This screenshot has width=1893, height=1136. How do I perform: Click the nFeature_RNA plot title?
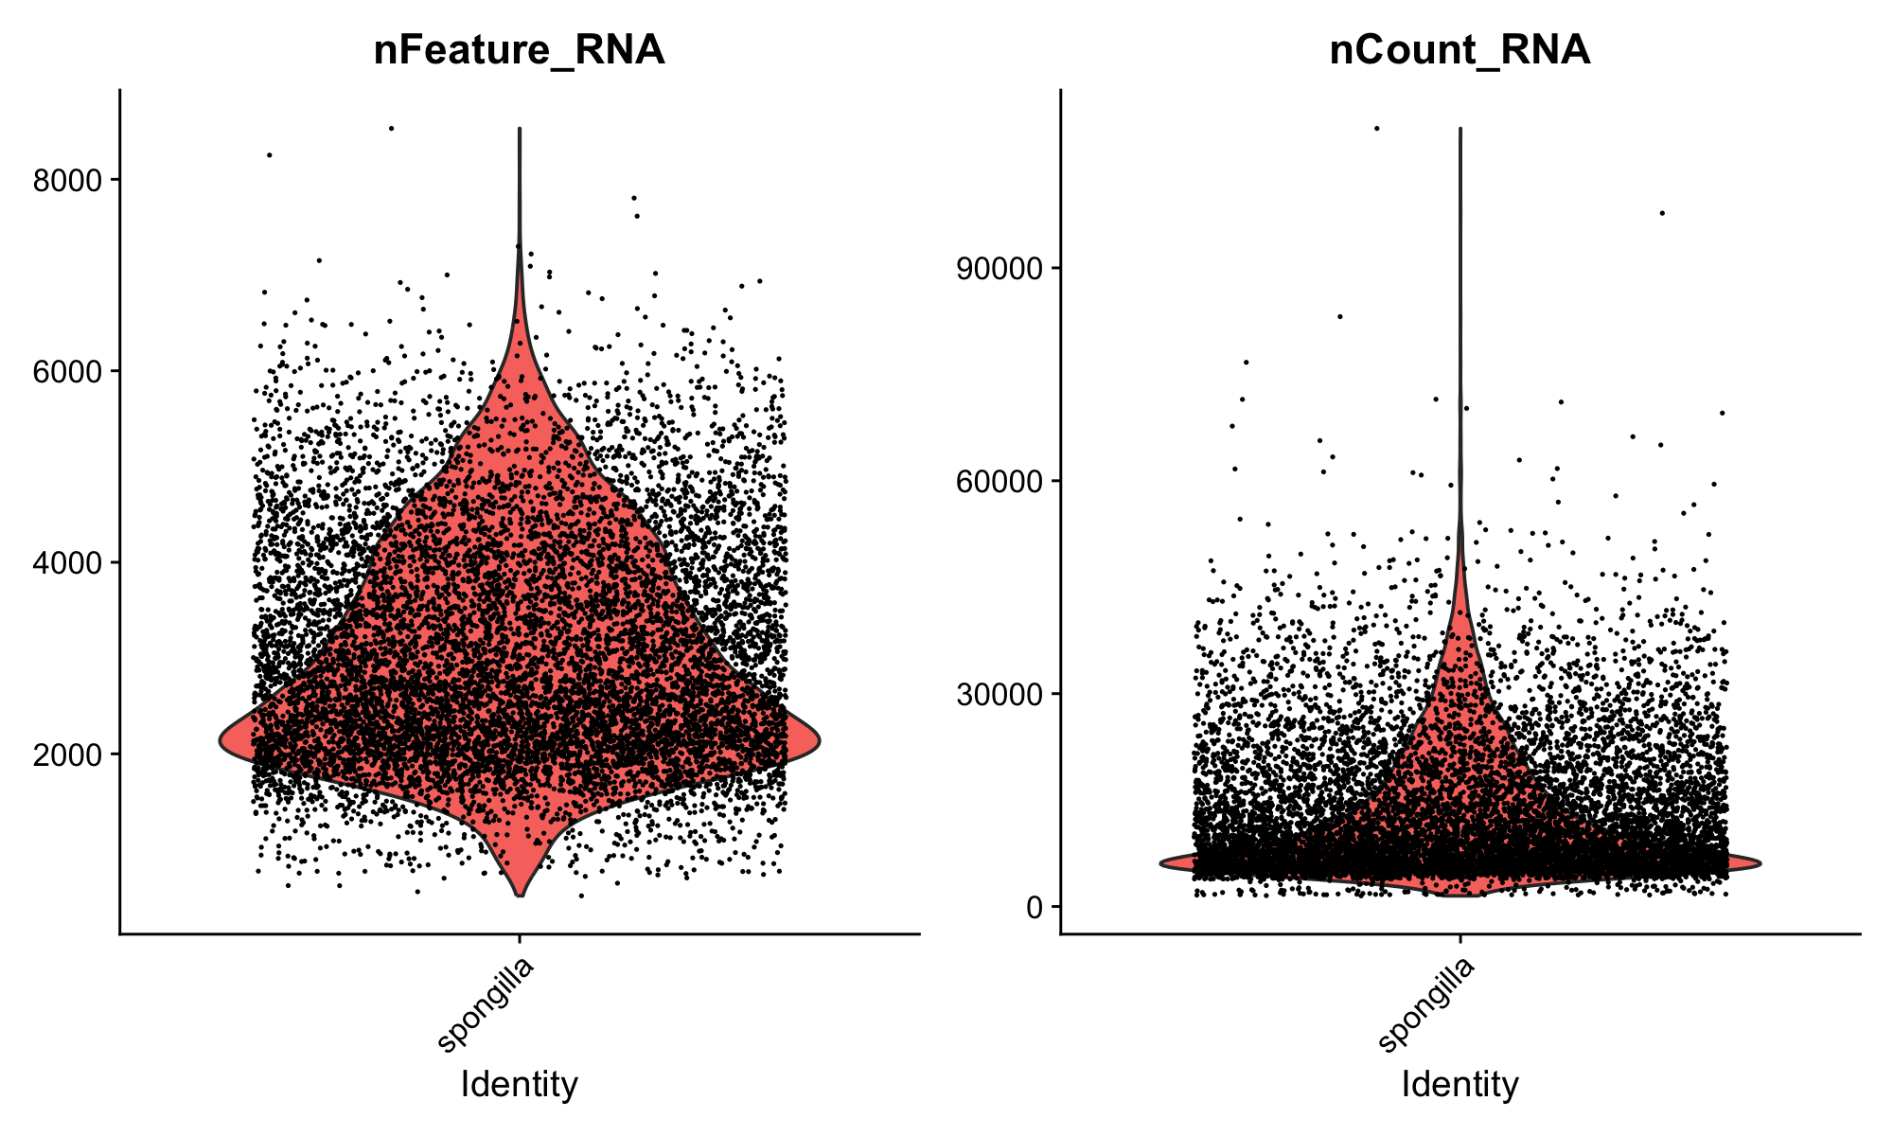pos(519,50)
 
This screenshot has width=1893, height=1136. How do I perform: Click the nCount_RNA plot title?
pos(1460,50)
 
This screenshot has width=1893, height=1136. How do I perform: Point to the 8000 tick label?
pos(67,180)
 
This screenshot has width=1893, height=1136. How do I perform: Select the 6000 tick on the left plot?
pos(67,371)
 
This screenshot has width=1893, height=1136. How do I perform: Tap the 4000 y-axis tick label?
pos(67,562)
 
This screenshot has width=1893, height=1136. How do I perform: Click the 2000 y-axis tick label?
pos(67,754)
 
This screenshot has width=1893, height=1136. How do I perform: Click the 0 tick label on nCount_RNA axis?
pos(1034,907)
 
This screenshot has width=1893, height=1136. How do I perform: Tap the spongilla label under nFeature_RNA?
pos(487,1004)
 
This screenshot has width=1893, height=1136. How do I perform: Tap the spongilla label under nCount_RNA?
pos(1427,1004)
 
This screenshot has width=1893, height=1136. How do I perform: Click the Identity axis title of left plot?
pos(519,1084)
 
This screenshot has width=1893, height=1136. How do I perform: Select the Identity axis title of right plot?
pos(1460,1084)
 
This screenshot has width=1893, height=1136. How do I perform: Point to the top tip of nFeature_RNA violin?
pos(520,129)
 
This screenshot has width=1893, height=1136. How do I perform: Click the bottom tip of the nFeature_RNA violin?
pos(520,895)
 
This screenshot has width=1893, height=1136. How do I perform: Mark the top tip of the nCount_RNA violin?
pos(1460,129)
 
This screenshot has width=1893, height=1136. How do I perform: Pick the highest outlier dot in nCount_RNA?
pos(1377,128)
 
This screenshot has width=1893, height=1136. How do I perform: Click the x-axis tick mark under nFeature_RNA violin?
pos(519,940)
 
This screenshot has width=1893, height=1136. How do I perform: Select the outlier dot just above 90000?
pos(1662,213)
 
